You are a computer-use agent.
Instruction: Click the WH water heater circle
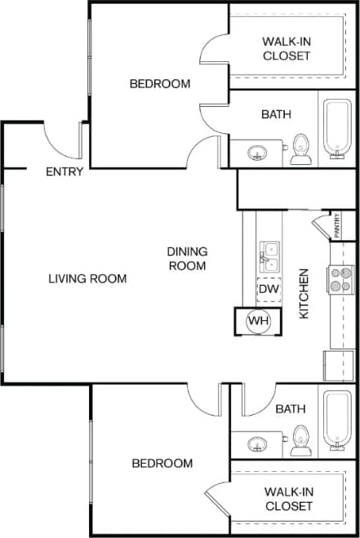(x=258, y=320)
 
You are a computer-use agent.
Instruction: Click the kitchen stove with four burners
(x=340, y=280)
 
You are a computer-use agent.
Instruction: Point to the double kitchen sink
(x=269, y=256)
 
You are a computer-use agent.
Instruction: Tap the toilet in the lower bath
(x=300, y=439)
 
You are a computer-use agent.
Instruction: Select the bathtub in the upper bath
(x=336, y=129)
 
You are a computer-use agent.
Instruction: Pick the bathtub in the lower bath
(x=336, y=420)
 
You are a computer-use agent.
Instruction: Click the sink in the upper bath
(x=258, y=153)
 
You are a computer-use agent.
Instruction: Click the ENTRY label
(x=64, y=171)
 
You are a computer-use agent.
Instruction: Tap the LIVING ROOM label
(x=87, y=278)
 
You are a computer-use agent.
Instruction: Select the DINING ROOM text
(x=187, y=259)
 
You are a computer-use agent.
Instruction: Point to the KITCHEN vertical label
(x=304, y=293)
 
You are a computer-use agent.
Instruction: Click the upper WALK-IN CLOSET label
(x=286, y=49)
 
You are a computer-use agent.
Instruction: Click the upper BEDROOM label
(x=160, y=83)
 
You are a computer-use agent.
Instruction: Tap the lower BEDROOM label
(x=162, y=463)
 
